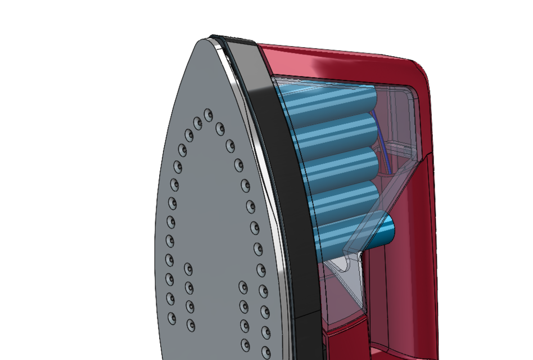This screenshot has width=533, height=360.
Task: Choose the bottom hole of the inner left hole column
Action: [190, 325]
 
